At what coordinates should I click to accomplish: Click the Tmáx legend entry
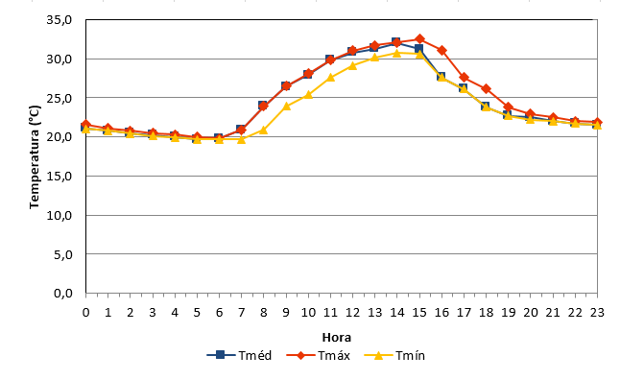click(319, 355)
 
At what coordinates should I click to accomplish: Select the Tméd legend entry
click(239, 355)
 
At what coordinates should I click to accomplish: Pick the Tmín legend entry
click(394, 355)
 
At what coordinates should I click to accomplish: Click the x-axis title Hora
click(336, 338)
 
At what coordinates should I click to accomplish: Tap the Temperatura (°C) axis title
click(35, 157)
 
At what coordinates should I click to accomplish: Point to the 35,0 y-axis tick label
click(60, 20)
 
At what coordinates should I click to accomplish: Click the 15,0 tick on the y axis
click(60, 177)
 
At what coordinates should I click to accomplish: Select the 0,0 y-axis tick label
click(63, 294)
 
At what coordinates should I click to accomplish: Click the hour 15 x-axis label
click(419, 313)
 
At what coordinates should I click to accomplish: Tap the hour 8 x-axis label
click(264, 313)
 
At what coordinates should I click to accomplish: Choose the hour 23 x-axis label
click(597, 313)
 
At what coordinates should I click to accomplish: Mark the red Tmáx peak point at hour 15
click(419, 39)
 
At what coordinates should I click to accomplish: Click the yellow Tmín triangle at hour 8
click(264, 131)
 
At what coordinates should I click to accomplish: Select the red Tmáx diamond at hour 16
click(441, 51)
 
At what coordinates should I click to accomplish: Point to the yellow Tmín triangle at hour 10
click(308, 95)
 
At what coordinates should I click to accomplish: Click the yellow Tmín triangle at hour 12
click(352, 65)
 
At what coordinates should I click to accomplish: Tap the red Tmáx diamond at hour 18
click(487, 88)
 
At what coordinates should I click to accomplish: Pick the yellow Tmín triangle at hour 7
click(241, 140)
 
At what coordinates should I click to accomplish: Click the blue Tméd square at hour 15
click(418, 49)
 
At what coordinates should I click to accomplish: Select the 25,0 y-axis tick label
click(60, 98)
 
